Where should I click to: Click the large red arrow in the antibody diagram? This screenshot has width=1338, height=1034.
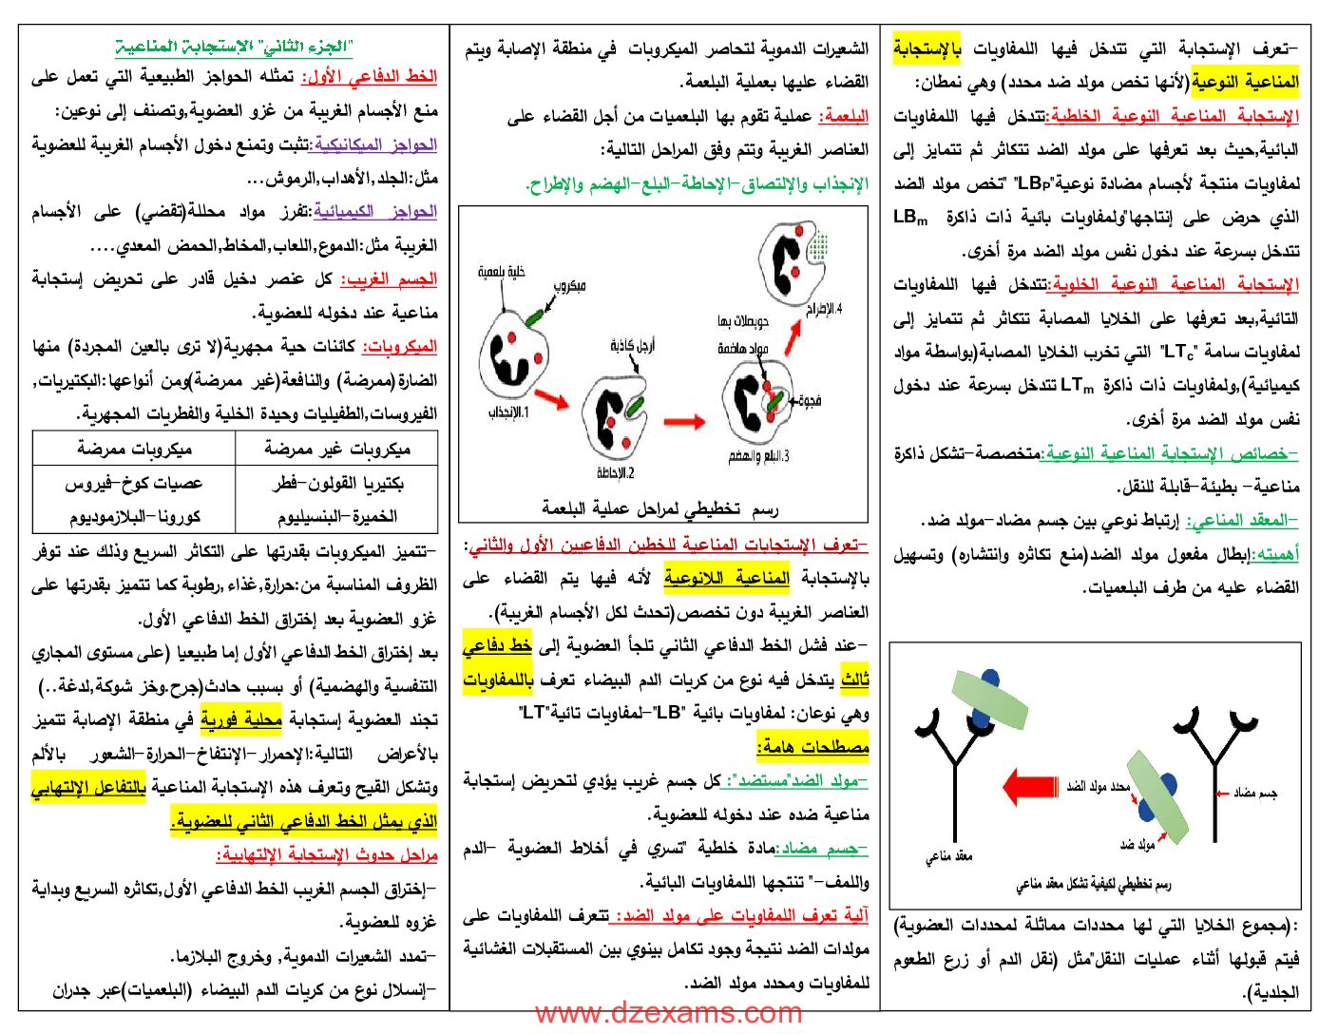click(1030, 787)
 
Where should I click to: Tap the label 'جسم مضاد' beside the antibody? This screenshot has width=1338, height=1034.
click(1254, 793)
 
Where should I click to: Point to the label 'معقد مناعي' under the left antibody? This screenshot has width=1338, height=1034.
click(949, 856)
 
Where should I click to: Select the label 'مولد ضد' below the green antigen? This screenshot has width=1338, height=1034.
click(1137, 844)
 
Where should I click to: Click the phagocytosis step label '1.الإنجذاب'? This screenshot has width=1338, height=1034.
click(510, 412)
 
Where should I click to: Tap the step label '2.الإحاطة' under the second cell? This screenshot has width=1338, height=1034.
click(616, 472)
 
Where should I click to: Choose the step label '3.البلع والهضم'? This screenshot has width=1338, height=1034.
click(759, 456)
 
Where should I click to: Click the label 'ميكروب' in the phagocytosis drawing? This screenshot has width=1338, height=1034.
click(569, 286)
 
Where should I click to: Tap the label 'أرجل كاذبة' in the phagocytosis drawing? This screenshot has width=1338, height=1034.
click(632, 346)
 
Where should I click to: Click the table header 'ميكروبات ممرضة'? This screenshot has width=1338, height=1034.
click(134, 449)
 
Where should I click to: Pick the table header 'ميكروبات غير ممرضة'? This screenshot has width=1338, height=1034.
click(336, 449)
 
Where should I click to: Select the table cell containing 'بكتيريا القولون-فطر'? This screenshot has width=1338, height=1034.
click(336, 483)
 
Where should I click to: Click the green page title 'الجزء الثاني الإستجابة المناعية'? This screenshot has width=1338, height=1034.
click(234, 46)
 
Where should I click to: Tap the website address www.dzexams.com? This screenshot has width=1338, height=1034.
click(668, 1013)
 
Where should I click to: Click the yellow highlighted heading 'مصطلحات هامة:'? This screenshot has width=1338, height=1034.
click(813, 747)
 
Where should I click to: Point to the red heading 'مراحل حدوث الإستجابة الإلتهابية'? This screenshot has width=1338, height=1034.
click(328, 855)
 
